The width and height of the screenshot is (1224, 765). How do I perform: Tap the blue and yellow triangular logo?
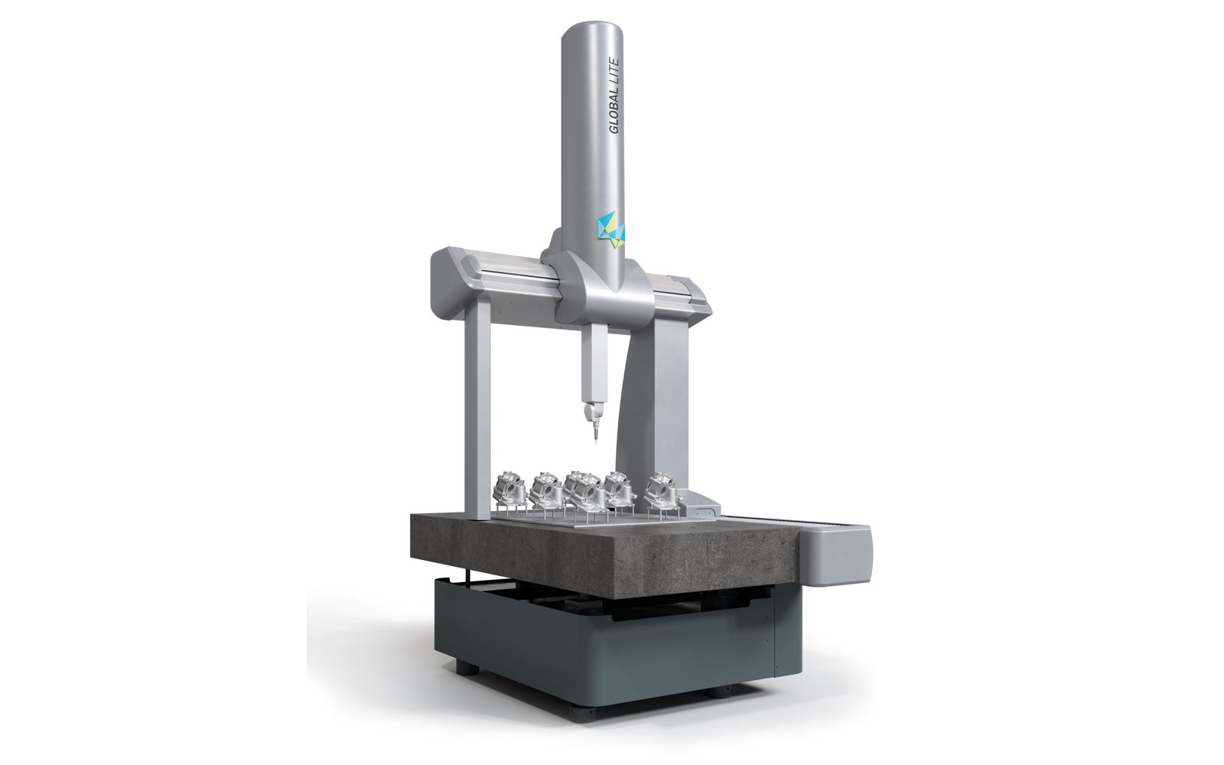click(x=610, y=229)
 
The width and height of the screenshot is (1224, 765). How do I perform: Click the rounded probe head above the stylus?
click(x=591, y=412)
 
